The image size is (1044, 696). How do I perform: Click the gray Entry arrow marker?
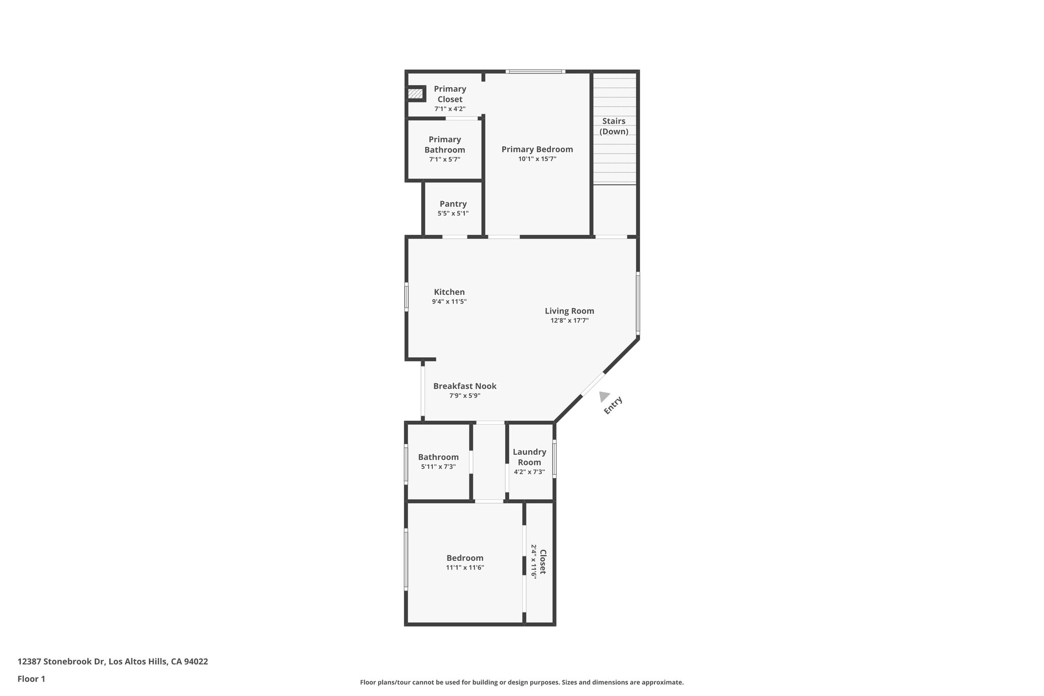coord(604,396)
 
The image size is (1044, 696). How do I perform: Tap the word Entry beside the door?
coord(613,405)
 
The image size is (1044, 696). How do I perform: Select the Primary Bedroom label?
coord(537,149)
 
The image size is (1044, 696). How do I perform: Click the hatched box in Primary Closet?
coord(415,94)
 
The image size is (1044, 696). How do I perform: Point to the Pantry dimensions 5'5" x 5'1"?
coord(453,214)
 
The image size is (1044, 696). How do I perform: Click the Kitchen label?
coord(449,292)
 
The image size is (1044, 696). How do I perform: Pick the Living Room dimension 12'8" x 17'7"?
coord(569,321)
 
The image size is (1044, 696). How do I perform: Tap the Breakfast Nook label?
coord(464,386)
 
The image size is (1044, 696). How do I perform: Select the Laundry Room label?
coord(529,457)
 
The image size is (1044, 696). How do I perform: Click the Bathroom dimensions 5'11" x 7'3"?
coord(438,467)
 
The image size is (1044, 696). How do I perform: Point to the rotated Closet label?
coord(542,561)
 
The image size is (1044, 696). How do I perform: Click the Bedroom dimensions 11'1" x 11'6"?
coord(464,568)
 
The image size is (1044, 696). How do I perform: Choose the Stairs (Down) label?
coord(614,126)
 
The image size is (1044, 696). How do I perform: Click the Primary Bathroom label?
coord(445,144)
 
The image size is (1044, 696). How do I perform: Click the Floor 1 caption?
coord(31,679)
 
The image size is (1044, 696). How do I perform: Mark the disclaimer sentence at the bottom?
coord(521,682)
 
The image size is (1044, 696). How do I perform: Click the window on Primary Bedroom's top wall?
coord(535,72)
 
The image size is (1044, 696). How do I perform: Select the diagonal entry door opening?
coord(593,384)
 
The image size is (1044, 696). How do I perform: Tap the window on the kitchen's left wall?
coord(406,296)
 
